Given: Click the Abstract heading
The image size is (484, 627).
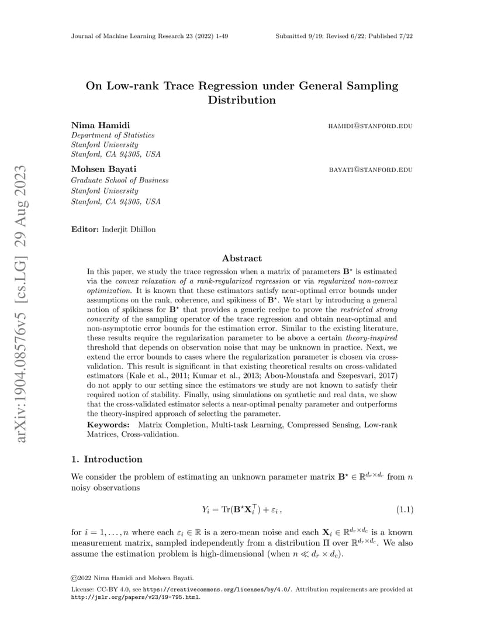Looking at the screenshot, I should coord(242,258).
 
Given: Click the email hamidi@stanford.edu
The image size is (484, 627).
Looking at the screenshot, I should coord(371,126).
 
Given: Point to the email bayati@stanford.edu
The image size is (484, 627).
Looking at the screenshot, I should coord(371,170).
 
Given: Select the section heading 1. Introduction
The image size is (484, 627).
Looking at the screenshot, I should coord(106,459).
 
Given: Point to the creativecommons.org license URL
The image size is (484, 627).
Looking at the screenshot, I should coord(217,590).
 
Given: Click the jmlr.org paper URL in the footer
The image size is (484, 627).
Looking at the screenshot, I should coord(135,597).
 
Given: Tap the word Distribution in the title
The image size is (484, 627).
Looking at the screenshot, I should coord(242,100).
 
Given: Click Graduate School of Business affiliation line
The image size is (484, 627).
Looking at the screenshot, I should coord(120,180).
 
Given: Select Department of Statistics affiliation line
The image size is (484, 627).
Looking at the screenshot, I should coord(113,135).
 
